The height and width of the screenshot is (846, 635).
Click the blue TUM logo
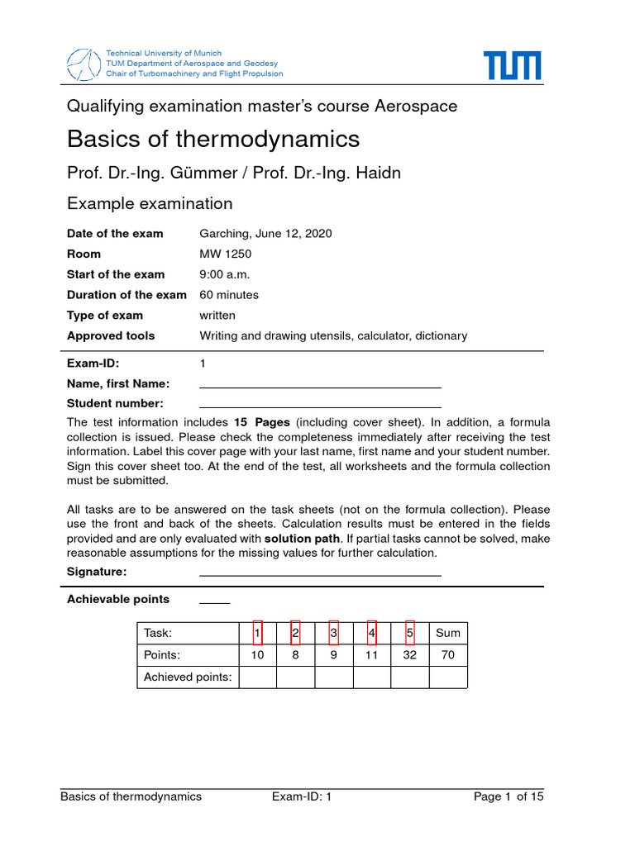pos(512,65)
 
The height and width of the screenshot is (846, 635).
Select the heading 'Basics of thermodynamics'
pos(212,139)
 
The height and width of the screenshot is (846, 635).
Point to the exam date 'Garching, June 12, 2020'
pos(265,233)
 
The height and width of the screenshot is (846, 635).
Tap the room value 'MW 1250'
pos(225,254)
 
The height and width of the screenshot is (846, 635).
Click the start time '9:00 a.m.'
pos(224,274)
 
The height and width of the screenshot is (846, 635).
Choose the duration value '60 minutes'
pos(229,295)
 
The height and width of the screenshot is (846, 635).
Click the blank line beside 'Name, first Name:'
pos(320,386)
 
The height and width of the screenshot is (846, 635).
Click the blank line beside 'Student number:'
pos(320,406)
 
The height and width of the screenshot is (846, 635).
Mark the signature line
pos(320,574)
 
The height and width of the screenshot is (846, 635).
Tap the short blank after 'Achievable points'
pos(214,602)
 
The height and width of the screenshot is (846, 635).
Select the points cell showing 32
pos(409,655)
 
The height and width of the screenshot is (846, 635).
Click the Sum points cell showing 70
pos(447,655)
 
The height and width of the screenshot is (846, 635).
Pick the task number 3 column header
pos(333,634)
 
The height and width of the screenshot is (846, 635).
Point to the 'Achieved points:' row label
pos(188,677)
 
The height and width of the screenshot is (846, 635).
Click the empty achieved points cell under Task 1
pos(257,677)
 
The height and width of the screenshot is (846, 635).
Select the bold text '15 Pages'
pos(262,422)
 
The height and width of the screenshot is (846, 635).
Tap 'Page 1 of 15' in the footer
pos(508,797)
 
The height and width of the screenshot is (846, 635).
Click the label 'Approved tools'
pos(111,335)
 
